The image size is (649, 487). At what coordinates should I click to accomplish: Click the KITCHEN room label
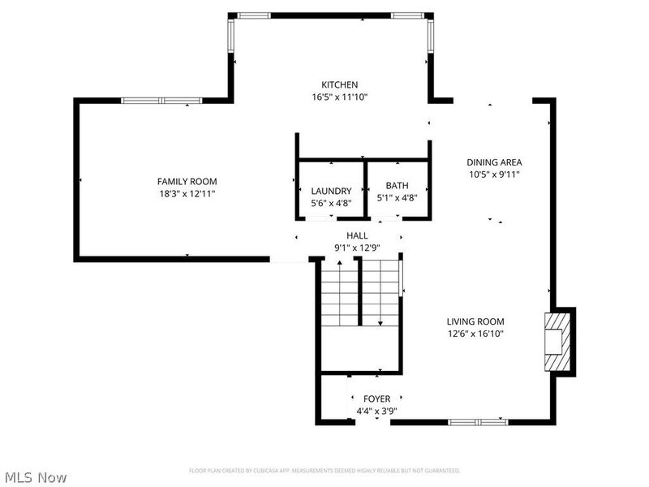pos(339,84)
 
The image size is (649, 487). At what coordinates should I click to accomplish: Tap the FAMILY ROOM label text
pos(187,181)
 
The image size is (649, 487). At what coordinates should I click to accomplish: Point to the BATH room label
pos(397,186)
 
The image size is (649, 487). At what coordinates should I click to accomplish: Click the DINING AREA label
pos(493,162)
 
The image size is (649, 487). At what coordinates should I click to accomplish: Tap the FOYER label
pos(376,399)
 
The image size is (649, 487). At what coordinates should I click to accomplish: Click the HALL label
pos(357,235)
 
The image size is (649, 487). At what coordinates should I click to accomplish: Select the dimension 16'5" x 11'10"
pos(339,97)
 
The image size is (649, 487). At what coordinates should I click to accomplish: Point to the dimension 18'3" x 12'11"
pos(187,193)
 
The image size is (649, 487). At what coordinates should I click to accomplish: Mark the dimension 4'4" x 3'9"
pos(376,411)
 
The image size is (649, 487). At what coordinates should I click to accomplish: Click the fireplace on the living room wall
pos(557,342)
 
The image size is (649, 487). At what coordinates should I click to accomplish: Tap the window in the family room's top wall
pos(161,101)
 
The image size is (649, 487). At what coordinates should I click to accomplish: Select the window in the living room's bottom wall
pos(478,422)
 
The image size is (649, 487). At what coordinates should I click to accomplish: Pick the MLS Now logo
pos(36,477)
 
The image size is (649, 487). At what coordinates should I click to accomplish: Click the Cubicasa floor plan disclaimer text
pos(324,471)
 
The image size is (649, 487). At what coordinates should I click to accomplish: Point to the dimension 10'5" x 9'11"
pos(493,174)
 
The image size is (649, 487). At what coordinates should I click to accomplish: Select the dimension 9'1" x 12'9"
pos(357,248)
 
